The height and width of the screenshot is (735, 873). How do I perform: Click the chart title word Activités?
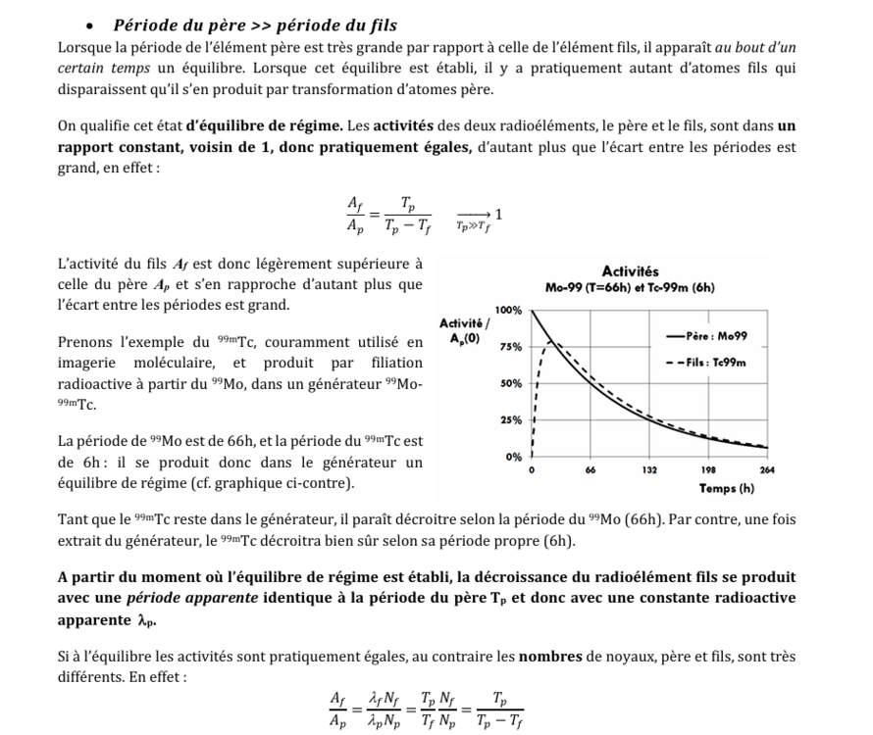(630, 270)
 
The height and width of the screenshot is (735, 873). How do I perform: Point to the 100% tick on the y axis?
(508, 309)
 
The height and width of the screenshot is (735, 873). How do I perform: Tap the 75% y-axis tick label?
(511, 346)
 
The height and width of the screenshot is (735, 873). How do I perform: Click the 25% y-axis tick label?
(511, 419)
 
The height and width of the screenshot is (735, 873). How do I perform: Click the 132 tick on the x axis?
(649, 471)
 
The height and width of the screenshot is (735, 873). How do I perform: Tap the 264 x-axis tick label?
(767, 471)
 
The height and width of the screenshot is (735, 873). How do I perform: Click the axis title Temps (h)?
(726, 488)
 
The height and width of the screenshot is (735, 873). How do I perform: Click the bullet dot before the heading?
(89, 25)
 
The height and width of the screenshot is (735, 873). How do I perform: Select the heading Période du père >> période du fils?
(255, 24)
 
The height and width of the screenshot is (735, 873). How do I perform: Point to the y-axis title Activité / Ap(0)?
(458, 330)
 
